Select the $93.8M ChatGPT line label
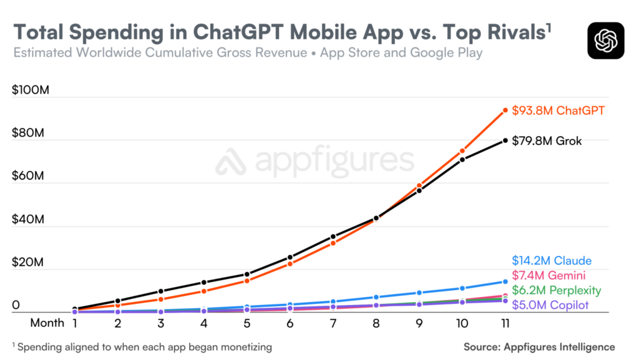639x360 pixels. click(x=558, y=110)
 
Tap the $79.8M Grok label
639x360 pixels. click(x=547, y=141)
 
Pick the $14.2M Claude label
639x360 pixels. click(x=552, y=261)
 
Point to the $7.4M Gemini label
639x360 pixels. click(x=549, y=276)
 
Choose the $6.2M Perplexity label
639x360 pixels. click(x=557, y=290)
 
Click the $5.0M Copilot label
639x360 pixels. click(x=549, y=305)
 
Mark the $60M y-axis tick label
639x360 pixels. click(x=29, y=177)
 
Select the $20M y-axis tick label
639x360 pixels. click(x=29, y=263)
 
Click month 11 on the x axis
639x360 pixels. click(x=505, y=323)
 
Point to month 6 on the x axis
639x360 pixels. click(x=290, y=323)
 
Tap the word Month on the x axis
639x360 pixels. click(x=47, y=323)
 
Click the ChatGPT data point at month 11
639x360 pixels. click(x=505, y=110)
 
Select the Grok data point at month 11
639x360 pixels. click(x=505, y=140)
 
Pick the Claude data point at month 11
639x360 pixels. click(x=505, y=282)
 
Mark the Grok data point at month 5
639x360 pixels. click(x=247, y=275)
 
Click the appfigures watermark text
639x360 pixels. click(x=315, y=162)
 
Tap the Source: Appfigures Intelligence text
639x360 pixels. click(x=539, y=347)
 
